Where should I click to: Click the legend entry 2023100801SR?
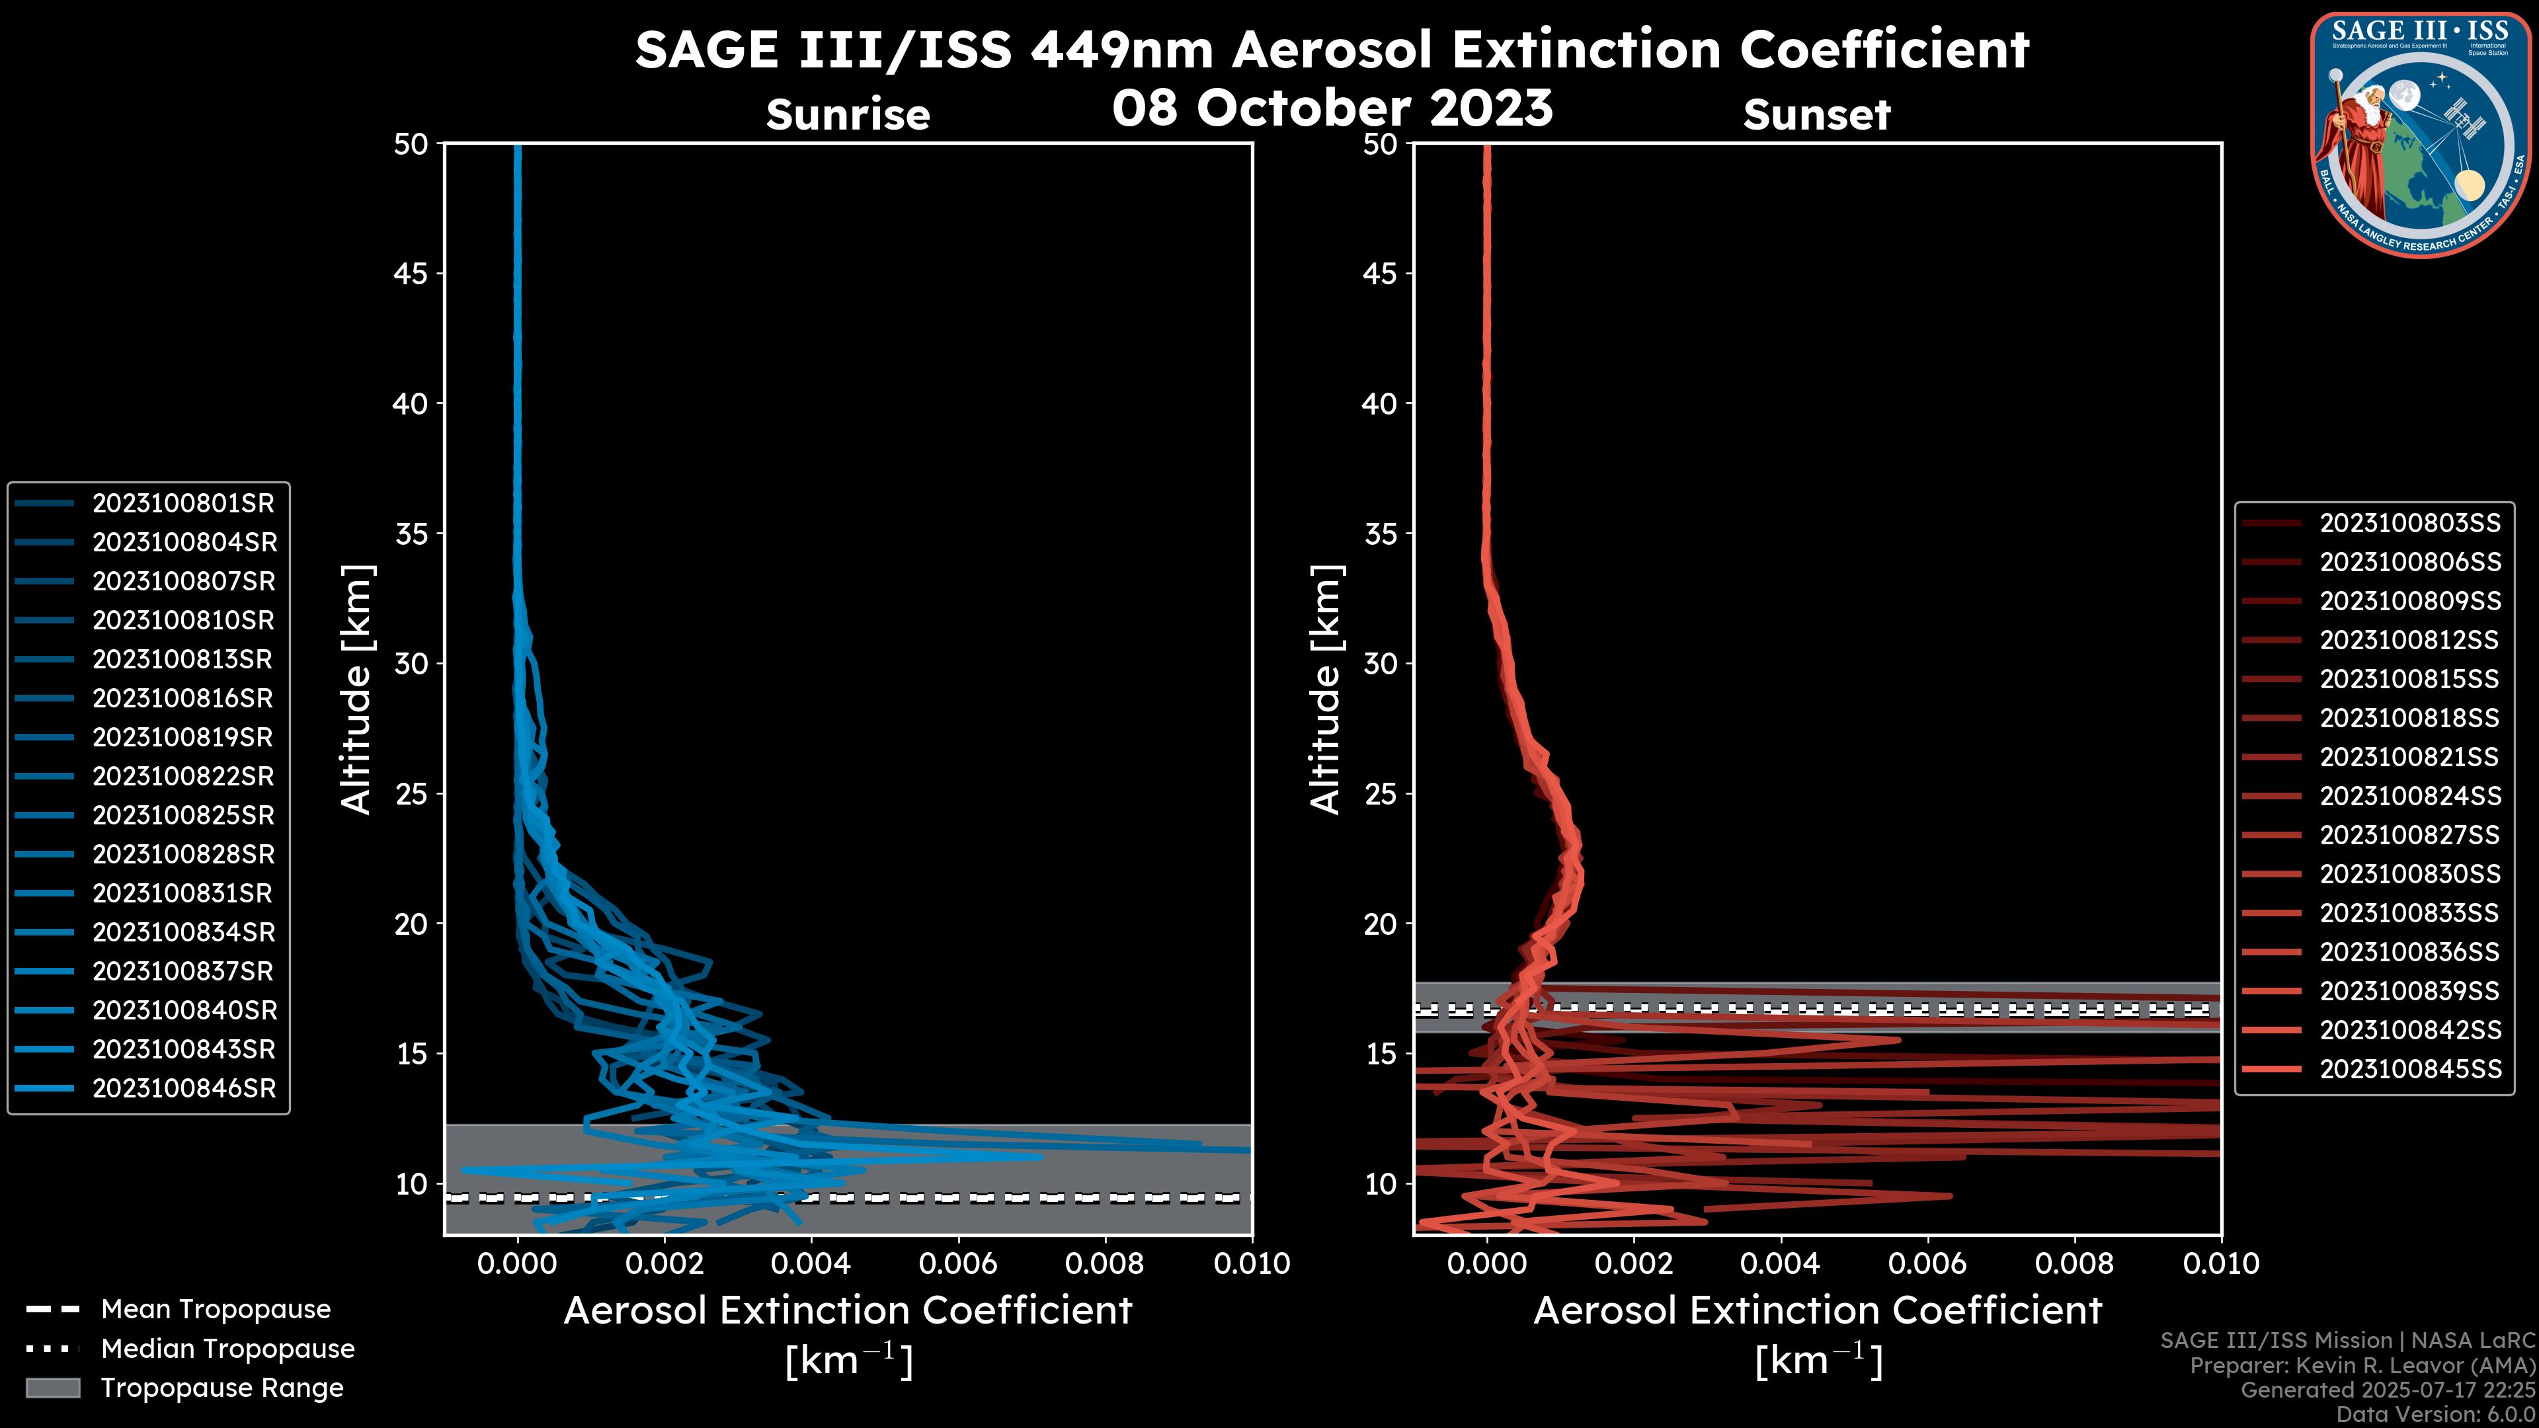coord(183,504)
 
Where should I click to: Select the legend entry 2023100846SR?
coord(184,1089)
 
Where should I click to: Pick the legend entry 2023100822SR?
coord(183,777)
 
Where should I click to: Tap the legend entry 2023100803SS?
coord(2410,524)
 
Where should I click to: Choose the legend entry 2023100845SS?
coord(2410,1069)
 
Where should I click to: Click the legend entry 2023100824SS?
coord(2410,796)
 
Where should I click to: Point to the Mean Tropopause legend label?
coord(216,1310)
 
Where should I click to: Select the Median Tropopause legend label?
coord(227,1349)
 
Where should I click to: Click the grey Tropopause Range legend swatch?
coord(52,1388)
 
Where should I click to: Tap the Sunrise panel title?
coord(848,115)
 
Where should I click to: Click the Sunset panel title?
coord(1816,115)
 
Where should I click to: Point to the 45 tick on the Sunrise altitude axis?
coord(411,274)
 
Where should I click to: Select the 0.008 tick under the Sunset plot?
coord(2075,1263)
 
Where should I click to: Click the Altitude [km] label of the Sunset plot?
coord(1326,690)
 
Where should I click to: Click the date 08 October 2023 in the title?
coord(1332,108)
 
